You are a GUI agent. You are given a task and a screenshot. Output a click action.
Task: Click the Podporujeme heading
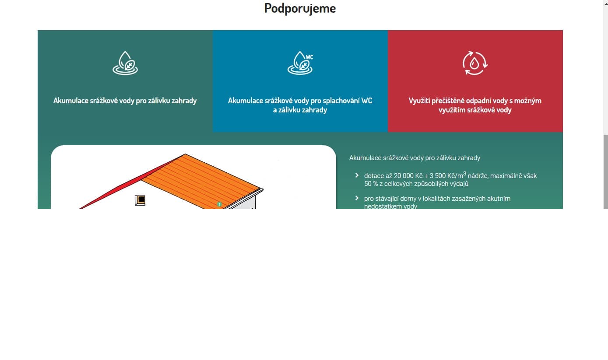(300, 8)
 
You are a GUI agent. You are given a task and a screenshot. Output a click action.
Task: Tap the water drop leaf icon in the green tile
(125, 63)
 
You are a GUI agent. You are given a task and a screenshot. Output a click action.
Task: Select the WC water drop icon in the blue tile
(300, 63)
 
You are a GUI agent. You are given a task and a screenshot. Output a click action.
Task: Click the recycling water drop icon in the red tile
(475, 63)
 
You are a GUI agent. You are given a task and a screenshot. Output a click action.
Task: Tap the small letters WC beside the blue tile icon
(309, 57)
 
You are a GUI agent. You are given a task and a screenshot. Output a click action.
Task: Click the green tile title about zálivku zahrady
(125, 101)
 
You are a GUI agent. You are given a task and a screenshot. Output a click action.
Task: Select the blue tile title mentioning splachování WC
(300, 105)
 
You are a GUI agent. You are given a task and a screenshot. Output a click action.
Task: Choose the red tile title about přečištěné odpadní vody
(475, 105)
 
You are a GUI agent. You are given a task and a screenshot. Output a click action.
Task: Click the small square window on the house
(140, 200)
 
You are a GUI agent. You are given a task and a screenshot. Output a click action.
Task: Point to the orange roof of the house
(201, 180)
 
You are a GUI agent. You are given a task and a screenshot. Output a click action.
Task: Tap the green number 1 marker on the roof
(219, 204)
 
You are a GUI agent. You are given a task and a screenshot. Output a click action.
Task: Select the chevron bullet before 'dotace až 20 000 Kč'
(357, 175)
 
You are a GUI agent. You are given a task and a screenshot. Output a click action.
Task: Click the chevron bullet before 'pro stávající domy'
(357, 198)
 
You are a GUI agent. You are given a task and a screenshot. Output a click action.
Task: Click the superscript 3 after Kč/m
(465, 173)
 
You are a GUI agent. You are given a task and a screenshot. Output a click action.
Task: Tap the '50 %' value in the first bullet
(371, 184)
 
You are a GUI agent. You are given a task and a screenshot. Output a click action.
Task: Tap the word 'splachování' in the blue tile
(341, 101)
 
